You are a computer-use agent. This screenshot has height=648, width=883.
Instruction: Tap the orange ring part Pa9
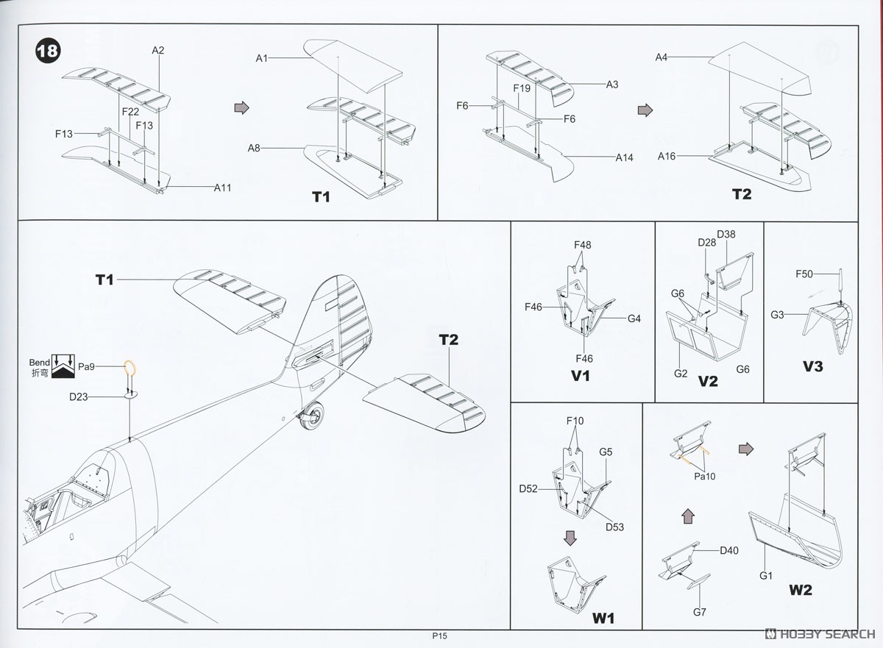click(x=130, y=368)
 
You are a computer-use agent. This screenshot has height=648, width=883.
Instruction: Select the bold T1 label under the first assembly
click(x=322, y=197)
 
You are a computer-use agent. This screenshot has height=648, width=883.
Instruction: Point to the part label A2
click(x=158, y=51)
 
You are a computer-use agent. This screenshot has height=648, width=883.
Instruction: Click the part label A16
click(x=667, y=156)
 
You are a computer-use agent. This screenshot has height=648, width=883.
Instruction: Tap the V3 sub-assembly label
click(x=812, y=366)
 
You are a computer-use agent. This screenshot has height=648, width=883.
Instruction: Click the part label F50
click(x=804, y=274)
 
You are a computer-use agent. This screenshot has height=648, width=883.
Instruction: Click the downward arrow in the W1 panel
click(x=570, y=538)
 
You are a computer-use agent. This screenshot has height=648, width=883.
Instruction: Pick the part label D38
click(x=726, y=235)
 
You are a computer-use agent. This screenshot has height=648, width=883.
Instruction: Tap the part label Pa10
click(x=704, y=476)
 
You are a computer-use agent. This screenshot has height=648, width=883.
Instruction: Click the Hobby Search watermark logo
click(x=821, y=634)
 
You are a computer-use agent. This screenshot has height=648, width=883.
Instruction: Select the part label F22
click(x=130, y=111)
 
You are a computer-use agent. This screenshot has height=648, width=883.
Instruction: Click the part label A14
click(x=625, y=157)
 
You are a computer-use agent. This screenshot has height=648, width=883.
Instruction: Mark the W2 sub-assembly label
click(x=801, y=590)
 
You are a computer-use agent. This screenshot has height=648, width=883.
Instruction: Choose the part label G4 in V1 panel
click(x=634, y=318)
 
